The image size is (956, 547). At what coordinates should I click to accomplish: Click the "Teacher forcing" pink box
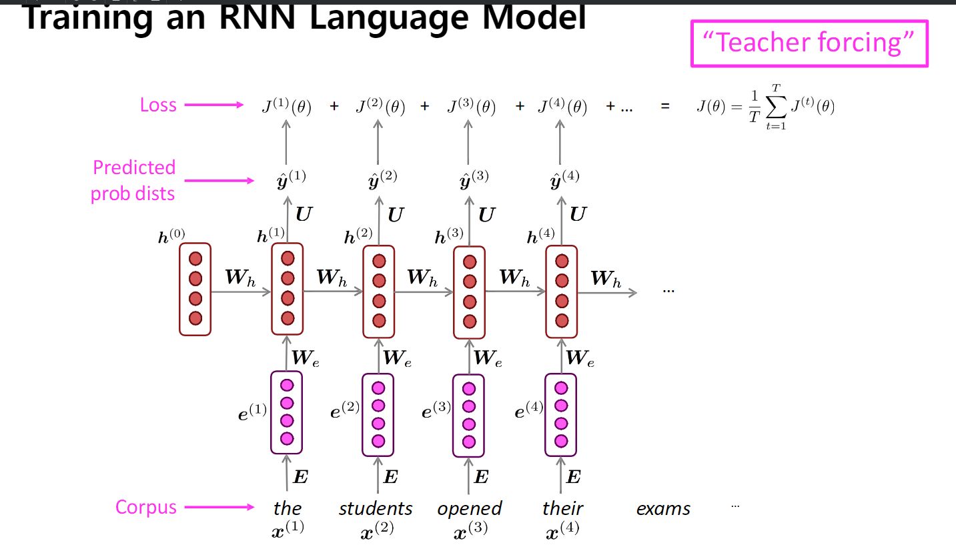point(809,43)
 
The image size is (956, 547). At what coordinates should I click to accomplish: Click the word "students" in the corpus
point(376,508)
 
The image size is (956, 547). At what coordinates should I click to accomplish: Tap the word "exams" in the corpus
point(663,508)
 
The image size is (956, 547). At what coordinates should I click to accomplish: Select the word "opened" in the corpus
point(469,508)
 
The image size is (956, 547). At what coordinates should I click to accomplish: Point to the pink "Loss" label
point(158,105)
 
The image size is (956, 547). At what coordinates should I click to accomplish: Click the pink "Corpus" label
point(146,507)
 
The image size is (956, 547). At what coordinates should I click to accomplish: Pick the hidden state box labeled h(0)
point(195,288)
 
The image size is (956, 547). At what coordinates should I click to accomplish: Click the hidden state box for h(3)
point(469,292)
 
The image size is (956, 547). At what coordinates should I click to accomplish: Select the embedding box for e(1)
point(287,412)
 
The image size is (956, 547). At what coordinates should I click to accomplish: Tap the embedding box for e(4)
point(561,414)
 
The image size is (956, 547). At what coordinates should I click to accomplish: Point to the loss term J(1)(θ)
point(287,107)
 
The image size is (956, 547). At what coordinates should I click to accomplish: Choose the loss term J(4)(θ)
point(562,107)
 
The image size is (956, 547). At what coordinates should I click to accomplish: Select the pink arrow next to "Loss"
point(213,105)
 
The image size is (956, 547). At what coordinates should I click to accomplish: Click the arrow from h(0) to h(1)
point(240,292)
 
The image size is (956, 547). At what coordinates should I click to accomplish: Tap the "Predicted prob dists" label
point(133,180)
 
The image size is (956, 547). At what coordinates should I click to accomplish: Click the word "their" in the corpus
point(562,508)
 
